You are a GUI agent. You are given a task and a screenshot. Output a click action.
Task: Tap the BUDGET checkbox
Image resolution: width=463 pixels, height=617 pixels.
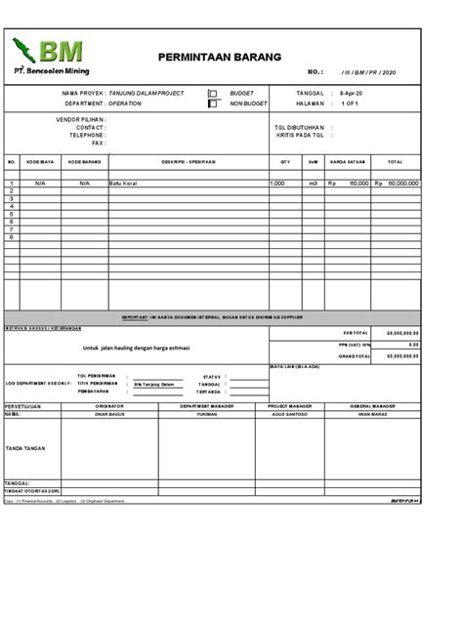[x=212, y=93]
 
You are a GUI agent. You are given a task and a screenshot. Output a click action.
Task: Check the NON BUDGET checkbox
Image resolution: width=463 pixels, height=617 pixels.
[x=212, y=103]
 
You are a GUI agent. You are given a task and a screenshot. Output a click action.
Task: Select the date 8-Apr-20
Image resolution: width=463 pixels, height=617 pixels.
[x=352, y=93]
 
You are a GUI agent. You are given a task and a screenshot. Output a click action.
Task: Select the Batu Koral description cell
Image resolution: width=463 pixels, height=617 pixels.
[x=123, y=184]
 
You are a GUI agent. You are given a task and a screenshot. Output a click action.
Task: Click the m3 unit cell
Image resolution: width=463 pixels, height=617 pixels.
[x=314, y=184]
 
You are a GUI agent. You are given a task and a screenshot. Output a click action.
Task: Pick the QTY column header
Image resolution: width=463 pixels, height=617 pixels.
[x=285, y=161]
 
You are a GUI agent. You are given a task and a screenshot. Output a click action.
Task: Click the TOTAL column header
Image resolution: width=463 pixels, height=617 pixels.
[x=395, y=161]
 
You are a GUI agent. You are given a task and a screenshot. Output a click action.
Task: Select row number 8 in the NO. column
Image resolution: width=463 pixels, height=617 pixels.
[x=12, y=237]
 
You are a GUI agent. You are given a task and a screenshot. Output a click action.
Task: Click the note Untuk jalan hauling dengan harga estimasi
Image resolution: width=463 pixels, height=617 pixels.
[x=136, y=349]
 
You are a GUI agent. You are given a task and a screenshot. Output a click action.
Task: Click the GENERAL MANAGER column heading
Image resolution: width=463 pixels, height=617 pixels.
[x=373, y=404]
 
